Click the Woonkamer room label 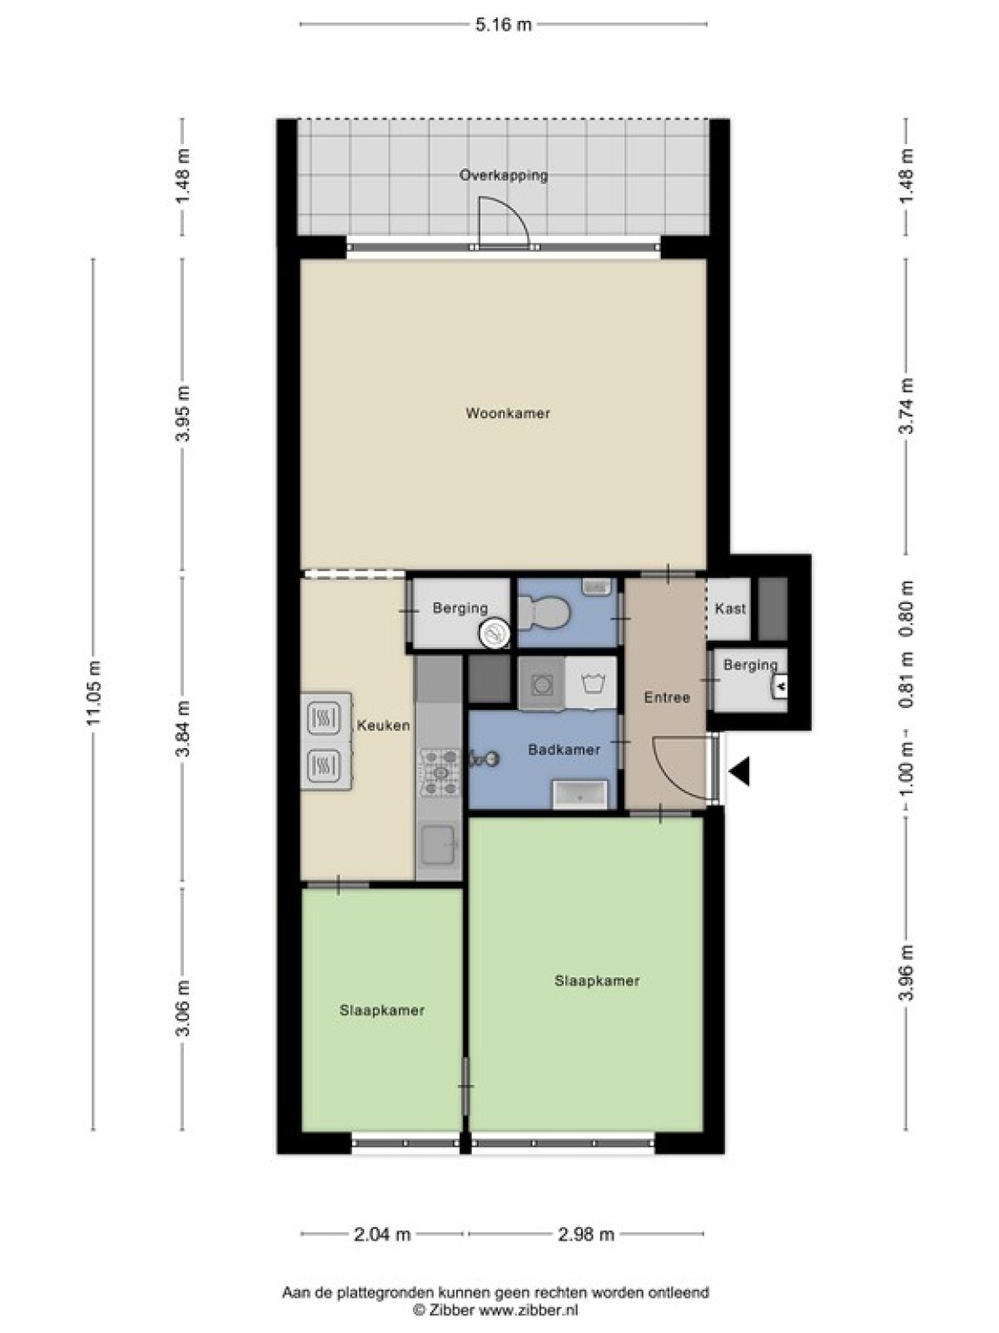(508, 413)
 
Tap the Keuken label (383, 725)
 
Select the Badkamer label (564, 749)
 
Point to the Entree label (667, 698)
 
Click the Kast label (730, 608)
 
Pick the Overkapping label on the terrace (504, 176)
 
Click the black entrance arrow (739, 771)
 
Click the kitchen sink (437, 844)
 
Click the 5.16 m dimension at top (503, 25)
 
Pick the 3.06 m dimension (184, 1008)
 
